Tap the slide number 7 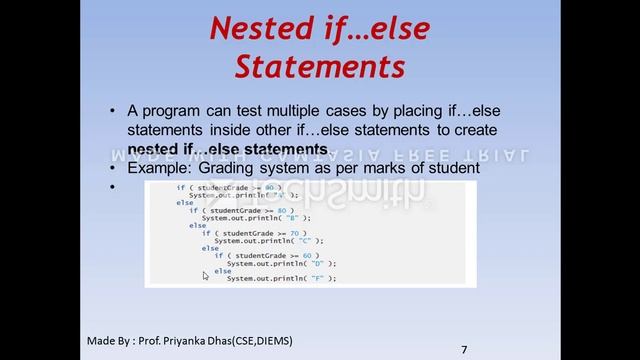pyautogui.click(x=464, y=349)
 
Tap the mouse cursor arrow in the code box pyautogui.click(x=206, y=276)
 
